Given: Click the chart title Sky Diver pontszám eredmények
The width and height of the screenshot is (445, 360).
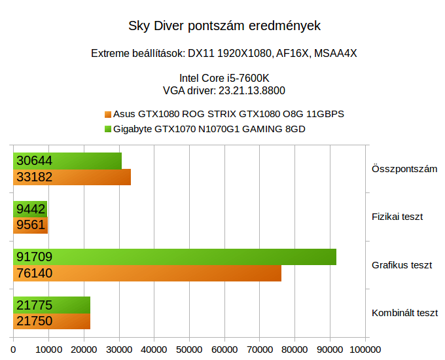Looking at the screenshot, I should (224, 27).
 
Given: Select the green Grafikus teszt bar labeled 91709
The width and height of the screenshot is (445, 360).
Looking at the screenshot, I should (175, 257).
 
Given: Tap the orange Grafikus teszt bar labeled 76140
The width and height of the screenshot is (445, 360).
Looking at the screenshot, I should (147, 274).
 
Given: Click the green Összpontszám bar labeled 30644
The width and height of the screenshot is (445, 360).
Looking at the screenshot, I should (67, 161).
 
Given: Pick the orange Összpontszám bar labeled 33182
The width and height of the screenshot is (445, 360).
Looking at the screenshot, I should (72, 177).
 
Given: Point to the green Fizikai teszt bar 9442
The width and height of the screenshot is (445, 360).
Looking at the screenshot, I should (30, 209).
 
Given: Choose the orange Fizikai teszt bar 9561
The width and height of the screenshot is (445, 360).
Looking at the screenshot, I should (31, 225).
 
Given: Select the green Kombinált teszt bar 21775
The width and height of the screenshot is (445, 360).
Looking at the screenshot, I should (52, 305).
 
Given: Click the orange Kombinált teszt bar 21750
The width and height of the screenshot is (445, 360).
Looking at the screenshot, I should (52, 321).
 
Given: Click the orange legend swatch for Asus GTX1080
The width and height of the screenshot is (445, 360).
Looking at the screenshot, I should (108, 114).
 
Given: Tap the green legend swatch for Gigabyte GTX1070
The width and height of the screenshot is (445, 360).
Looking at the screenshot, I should (108, 129).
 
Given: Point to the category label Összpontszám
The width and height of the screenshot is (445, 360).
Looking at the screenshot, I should (404, 169).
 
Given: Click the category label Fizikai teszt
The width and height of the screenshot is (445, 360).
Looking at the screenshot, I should (397, 217).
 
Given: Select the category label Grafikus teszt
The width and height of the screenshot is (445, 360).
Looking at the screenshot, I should (401, 265).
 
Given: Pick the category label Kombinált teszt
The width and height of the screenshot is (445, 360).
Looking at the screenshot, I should (404, 313).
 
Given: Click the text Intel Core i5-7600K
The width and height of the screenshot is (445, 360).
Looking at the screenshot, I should (224, 79).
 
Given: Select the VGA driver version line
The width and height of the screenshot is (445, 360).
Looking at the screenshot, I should (224, 90).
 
